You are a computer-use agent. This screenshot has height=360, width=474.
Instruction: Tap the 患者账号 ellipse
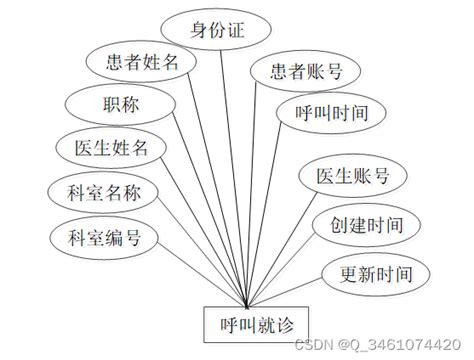pos(307,71)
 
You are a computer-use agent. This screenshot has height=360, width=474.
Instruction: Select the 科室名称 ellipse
pos(97,192)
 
